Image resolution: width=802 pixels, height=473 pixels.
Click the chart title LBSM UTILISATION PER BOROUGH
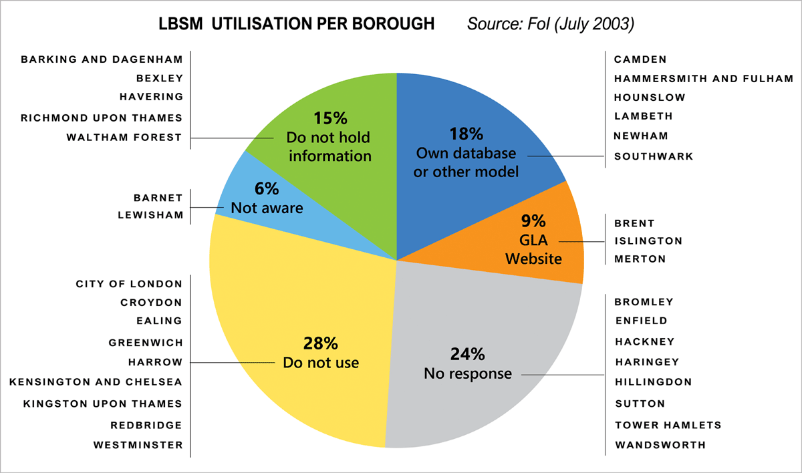click(x=296, y=25)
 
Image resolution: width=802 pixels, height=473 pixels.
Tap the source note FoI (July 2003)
click(x=550, y=25)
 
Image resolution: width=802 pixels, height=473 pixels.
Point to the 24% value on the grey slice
click(x=467, y=354)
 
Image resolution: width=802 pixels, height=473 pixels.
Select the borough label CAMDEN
click(x=640, y=59)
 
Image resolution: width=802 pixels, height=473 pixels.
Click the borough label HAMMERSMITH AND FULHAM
click(x=704, y=79)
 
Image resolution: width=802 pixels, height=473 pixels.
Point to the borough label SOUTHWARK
click(x=654, y=156)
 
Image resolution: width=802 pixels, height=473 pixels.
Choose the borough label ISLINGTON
click(x=648, y=241)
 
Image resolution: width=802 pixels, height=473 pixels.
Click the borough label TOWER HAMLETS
click(x=668, y=425)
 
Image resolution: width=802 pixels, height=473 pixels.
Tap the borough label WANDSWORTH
click(x=660, y=444)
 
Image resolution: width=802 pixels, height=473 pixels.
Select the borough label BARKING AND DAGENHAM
click(x=102, y=59)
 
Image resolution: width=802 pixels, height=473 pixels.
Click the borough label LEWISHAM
click(x=150, y=215)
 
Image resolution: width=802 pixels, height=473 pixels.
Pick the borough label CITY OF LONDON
click(x=129, y=284)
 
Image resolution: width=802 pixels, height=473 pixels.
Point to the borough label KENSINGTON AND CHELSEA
click(x=96, y=382)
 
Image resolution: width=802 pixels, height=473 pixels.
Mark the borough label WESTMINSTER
click(x=138, y=444)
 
